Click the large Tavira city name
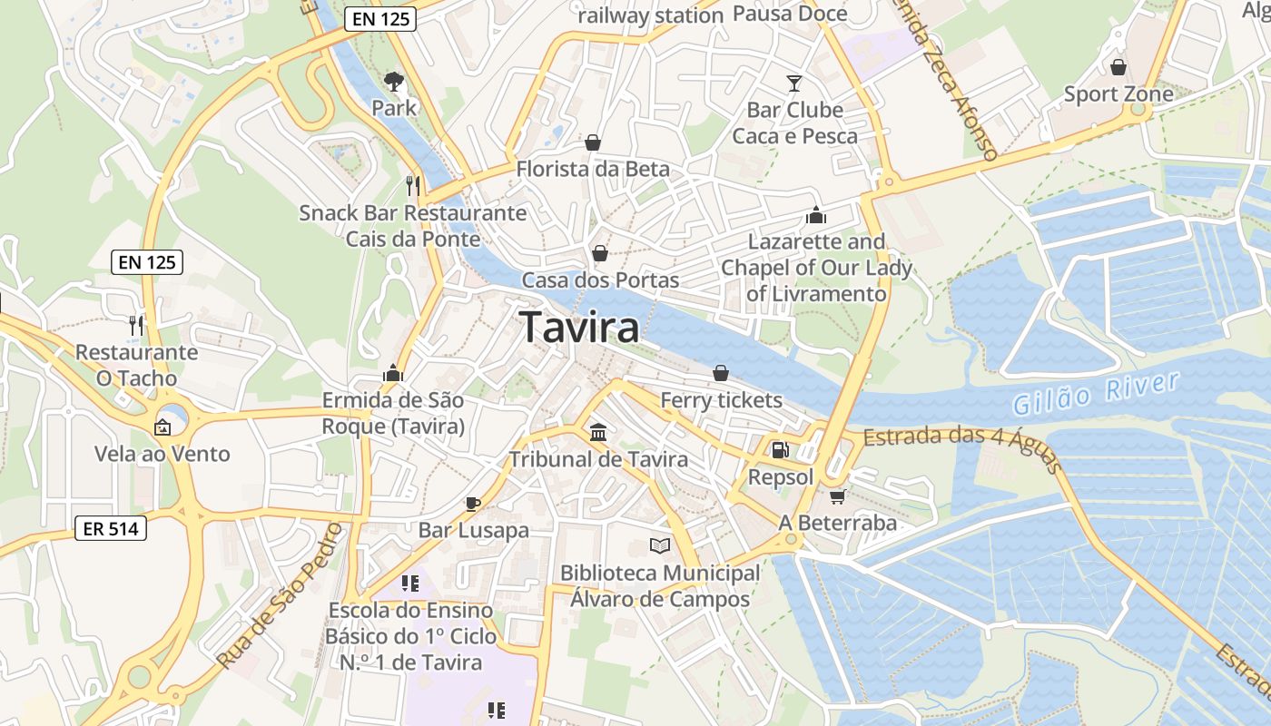[x=579, y=328]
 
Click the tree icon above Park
[x=394, y=82]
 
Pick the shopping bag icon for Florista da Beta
[x=593, y=142]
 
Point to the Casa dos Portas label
[x=600, y=280]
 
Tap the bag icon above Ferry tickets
[x=721, y=372]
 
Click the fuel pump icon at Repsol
[x=779, y=449]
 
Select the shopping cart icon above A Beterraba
[x=837, y=495]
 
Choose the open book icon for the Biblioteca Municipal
[x=660, y=545]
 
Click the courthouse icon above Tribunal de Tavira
[x=598, y=432]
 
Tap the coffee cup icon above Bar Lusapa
[x=472, y=503]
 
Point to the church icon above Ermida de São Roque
[x=393, y=373]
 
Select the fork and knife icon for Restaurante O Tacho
[x=136, y=324]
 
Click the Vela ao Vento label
[x=163, y=454]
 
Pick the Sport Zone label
[x=1118, y=93]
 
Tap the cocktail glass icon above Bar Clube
[x=794, y=83]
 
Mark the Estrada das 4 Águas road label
[x=962, y=445]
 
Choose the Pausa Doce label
[x=790, y=14]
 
